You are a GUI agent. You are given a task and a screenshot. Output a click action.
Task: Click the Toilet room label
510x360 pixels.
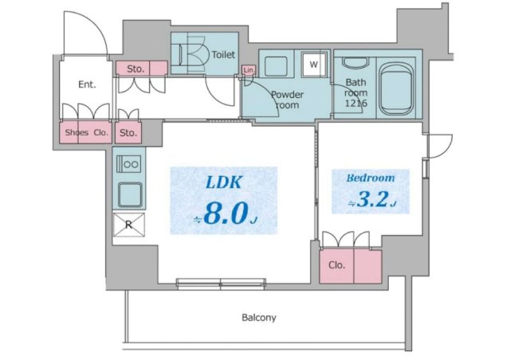click(x=223, y=55)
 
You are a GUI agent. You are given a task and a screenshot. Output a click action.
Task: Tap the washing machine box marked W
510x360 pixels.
click(x=314, y=65)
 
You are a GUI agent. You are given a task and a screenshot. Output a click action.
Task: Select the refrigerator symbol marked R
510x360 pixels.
click(x=129, y=225)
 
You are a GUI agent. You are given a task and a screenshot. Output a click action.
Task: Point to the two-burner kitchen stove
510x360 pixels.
click(x=129, y=163)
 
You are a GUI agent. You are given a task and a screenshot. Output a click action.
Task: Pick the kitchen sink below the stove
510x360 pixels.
click(x=130, y=195)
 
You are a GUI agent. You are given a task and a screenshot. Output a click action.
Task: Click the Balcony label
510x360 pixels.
click(x=259, y=318)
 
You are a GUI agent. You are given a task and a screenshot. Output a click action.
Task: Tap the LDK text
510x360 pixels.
click(x=224, y=182)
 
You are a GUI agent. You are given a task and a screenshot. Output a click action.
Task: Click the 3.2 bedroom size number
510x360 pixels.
click(x=372, y=198)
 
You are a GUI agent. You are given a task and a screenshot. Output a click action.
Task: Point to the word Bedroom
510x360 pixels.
click(x=371, y=178)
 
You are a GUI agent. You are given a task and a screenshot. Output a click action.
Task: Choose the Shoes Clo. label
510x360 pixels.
click(x=87, y=132)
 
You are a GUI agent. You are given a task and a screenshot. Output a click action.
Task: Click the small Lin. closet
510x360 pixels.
click(x=249, y=70)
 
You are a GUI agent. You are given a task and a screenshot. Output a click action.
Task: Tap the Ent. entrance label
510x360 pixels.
click(x=87, y=85)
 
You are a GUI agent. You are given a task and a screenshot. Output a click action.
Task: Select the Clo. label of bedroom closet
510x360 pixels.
click(x=336, y=265)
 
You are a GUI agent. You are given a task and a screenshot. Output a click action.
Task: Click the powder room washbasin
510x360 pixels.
click(x=276, y=66)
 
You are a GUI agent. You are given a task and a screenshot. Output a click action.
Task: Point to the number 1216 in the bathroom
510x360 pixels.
click(x=356, y=104)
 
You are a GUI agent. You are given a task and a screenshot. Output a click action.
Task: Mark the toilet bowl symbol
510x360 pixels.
click(x=193, y=54)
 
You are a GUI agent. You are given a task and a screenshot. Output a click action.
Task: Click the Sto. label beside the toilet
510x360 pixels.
click(x=135, y=69)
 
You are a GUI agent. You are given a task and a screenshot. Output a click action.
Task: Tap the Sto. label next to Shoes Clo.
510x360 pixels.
click(x=128, y=133)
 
